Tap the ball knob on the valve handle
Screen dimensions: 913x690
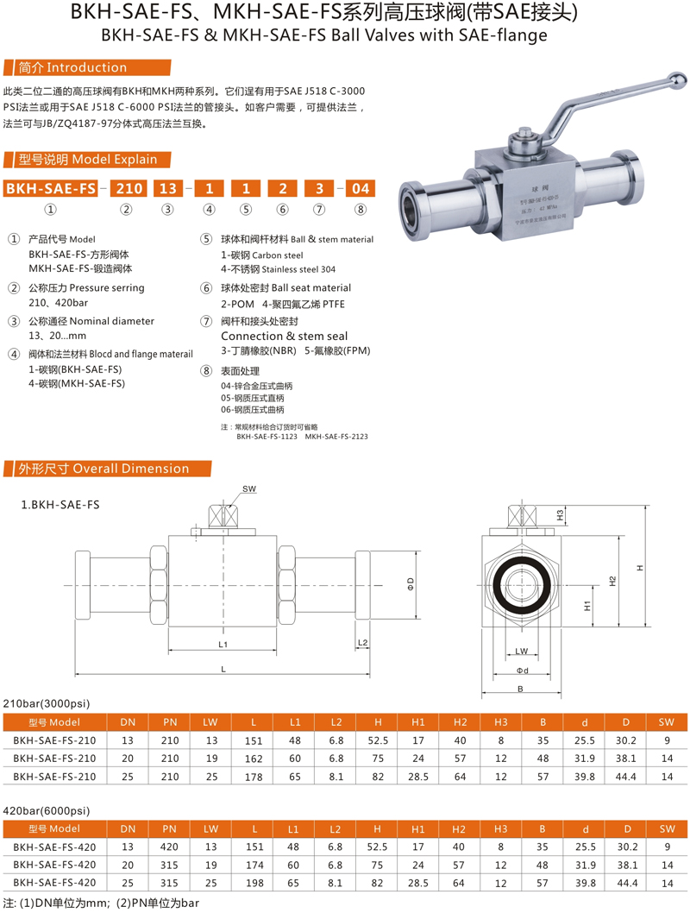pos(680,79)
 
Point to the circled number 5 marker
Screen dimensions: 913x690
pos(206,239)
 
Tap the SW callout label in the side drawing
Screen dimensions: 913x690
pos(249,489)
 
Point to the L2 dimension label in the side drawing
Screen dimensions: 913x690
pos(362,643)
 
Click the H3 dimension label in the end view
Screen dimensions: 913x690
pos(559,515)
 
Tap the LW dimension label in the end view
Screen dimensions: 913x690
pos(522,651)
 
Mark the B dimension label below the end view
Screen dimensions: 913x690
pos(521,689)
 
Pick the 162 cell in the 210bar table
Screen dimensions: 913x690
pos(254,759)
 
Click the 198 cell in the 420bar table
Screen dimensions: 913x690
pos(254,883)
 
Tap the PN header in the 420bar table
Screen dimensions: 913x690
pos(169,828)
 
